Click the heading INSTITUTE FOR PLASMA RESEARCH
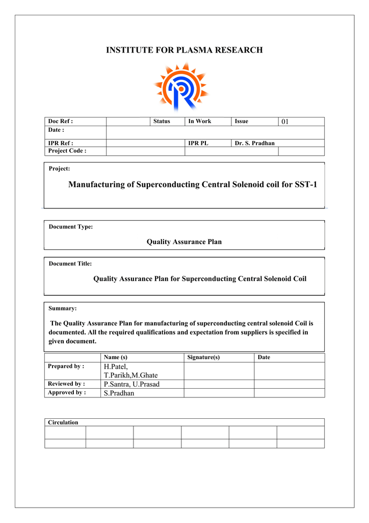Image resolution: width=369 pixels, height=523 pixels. (184, 50)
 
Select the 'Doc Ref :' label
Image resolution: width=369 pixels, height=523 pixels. (60, 122)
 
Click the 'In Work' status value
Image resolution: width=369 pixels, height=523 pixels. (199, 122)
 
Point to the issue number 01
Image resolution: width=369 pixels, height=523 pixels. (285, 122)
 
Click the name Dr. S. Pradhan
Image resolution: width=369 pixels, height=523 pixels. (254, 144)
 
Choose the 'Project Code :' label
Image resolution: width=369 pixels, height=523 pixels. (67, 151)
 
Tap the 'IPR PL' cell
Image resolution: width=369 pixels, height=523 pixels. (198, 144)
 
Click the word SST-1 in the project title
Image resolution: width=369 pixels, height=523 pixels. (306, 184)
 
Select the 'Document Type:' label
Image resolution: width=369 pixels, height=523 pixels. (71, 227)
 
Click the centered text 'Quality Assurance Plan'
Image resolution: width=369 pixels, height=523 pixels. (184, 242)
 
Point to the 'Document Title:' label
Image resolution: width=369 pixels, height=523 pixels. (70, 264)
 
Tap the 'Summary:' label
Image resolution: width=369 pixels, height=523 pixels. (63, 308)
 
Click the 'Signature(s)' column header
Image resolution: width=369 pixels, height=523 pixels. (203, 358)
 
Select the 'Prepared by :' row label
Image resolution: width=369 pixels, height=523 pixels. (66, 367)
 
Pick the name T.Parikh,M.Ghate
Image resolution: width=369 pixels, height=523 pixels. (130, 375)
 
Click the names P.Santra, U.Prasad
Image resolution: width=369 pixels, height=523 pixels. (131, 384)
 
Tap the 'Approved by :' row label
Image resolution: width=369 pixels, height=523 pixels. (67, 393)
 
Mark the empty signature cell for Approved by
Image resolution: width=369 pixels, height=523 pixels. (219, 393)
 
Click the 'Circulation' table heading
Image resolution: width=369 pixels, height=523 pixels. (63, 422)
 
